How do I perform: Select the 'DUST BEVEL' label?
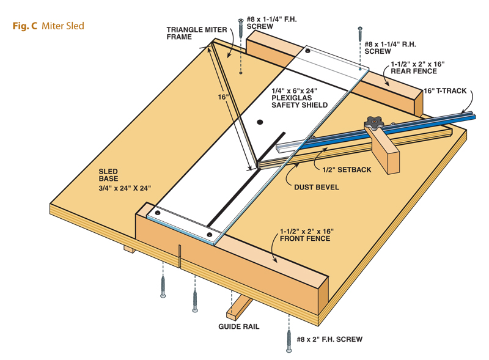click(x=316, y=186)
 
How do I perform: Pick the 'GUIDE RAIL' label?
click(x=239, y=326)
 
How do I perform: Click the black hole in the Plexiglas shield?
click(x=260, y=122)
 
